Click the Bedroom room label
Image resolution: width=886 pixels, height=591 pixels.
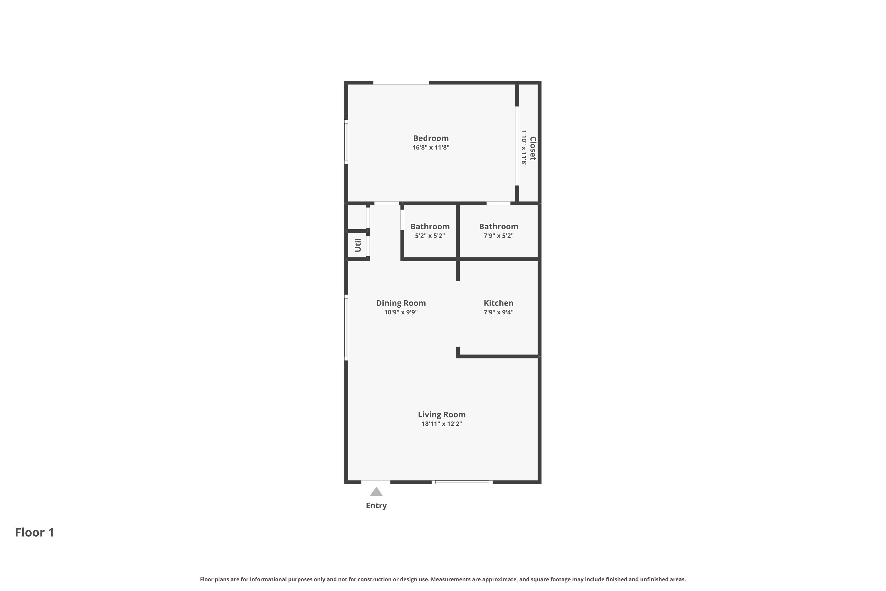(431, 138)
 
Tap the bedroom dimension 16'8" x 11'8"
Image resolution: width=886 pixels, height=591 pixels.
(431, 147)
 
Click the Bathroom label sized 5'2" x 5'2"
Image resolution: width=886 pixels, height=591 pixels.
(430, 227)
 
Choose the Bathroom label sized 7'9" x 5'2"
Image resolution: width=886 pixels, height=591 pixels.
(499, 227)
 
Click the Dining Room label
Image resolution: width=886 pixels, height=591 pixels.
(401, 303)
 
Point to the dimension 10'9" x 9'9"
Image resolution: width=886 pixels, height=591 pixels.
(401, 312)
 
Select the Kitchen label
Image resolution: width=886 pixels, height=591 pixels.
(499, 303)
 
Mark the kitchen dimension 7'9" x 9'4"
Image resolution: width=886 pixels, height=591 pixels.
(499, 312)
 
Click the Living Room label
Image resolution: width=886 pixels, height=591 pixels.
(442, 415)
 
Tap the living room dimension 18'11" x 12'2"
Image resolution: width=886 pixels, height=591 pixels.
(442, 424)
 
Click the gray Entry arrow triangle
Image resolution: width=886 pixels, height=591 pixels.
(376, 492)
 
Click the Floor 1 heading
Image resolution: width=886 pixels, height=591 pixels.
(35, 532)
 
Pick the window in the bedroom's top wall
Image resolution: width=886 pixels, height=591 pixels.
(401, 82)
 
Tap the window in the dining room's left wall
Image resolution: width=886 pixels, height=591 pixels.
(346, 327)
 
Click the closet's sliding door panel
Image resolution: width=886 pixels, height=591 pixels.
(517, 146)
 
